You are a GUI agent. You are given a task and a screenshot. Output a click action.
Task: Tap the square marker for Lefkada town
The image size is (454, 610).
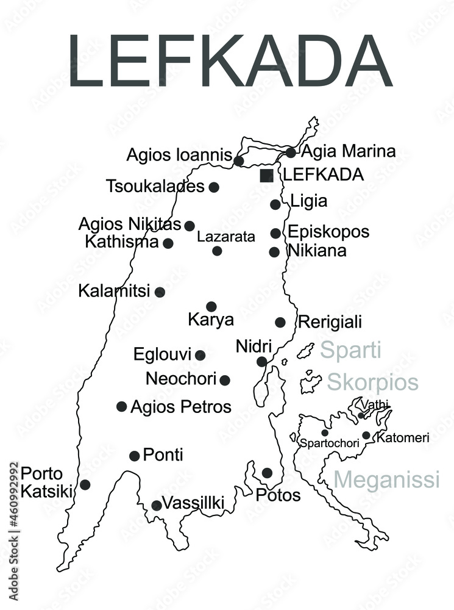[266, 176]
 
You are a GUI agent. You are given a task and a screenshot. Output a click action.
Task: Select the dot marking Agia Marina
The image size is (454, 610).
[291, 152]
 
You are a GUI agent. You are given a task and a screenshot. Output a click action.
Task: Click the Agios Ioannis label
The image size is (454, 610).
[179, 155]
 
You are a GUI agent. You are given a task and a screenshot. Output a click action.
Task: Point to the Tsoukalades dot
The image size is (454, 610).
[214, 187]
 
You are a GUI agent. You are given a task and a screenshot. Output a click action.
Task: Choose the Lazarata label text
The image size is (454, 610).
[226, 237]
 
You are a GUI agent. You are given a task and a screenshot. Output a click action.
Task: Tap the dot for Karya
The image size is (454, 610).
[211, 306]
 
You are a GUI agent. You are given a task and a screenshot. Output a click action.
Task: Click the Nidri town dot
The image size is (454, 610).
[261, 362]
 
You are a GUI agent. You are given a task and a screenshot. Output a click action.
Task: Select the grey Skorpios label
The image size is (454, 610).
[373, 382]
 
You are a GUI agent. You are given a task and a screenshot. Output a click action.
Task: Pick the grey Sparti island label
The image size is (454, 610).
[350, 350]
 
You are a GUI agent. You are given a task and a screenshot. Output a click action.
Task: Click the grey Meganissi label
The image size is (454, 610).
[387, 479]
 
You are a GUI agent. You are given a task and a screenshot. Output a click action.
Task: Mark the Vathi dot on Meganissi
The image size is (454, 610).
[361, 416]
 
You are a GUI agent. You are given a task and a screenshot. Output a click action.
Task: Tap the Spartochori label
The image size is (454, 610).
[329, 443]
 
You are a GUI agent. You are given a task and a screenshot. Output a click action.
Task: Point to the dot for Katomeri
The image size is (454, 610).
[366, 435]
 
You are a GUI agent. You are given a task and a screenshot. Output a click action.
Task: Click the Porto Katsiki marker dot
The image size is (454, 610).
[85, 484]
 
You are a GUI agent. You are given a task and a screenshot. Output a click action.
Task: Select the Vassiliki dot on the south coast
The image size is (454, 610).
[157, 505]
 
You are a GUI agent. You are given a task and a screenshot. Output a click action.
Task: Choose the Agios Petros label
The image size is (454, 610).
[181, 406]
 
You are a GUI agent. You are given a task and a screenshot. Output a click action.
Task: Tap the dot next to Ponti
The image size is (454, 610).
[135, 456]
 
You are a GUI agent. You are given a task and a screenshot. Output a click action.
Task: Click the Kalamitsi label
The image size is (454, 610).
[114, 291]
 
